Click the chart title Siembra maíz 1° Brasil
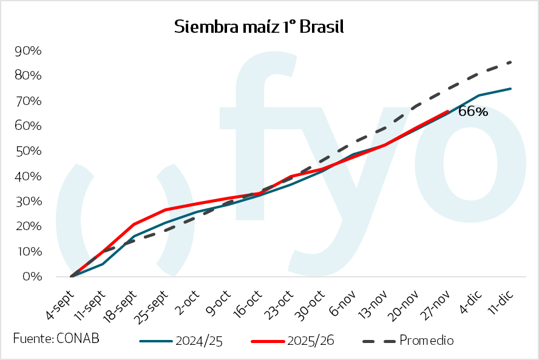pyautogui.click(x=259, y=27)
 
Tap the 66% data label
pyautogui.click(x=473, y=111)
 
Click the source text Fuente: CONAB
pyautogui.click(x=56, y=338)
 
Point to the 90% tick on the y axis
pyautogui.click(x=27, y=50)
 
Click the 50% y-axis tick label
pyautogui.click(x=27, y=151)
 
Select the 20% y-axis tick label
pyautogui.click(x=27, y=226)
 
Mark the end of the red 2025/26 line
pyautogui.click(x=448, y=111)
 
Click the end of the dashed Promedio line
pyautogui.click(x=511, y=62)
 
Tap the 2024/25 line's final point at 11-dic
pyautogui.click(x=511, y=89)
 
